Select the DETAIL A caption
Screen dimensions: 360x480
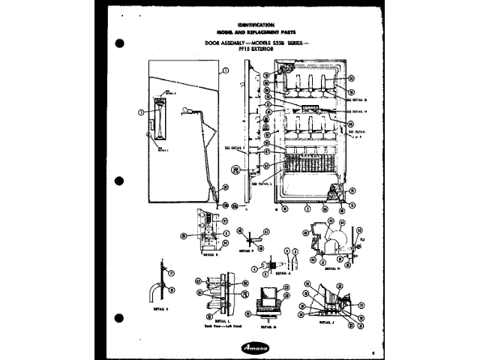point(281,274)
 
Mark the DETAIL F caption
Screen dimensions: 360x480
point(247,252)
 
